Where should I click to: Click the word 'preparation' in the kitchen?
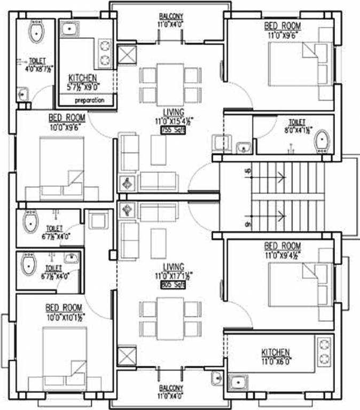click(89, 100)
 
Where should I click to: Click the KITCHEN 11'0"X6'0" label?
click(276, 352)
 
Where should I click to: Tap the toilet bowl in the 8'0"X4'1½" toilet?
click(322, 141)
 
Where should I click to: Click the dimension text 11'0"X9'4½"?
click(282, 254)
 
